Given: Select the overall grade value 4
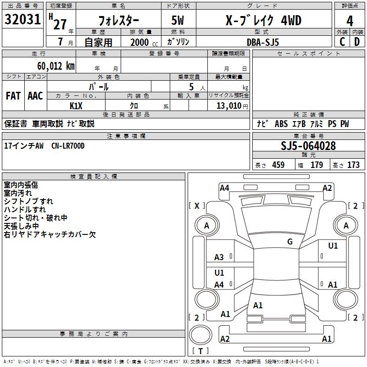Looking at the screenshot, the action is click(350, 21).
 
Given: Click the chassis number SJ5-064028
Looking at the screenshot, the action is click(308, 146).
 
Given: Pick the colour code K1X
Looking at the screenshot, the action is click(76, 106).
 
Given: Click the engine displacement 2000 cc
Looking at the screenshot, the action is click(140, 42).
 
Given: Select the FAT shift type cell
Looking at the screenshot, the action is click(13, 96).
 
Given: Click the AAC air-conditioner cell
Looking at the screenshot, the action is click(35, 96).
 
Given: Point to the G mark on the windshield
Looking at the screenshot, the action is click(290, 242).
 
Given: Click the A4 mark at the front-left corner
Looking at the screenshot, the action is click(224, 188).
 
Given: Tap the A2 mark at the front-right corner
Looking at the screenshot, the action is click(327, 188).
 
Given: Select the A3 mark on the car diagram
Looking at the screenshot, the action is click(219, 257).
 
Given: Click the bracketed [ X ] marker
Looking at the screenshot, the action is click(197, 206).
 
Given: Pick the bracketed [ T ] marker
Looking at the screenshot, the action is click(200, 351).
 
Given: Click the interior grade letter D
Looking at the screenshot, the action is click(357, 41).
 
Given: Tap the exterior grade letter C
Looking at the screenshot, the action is click(342, 41).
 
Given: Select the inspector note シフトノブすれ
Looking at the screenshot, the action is click(28, 201).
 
